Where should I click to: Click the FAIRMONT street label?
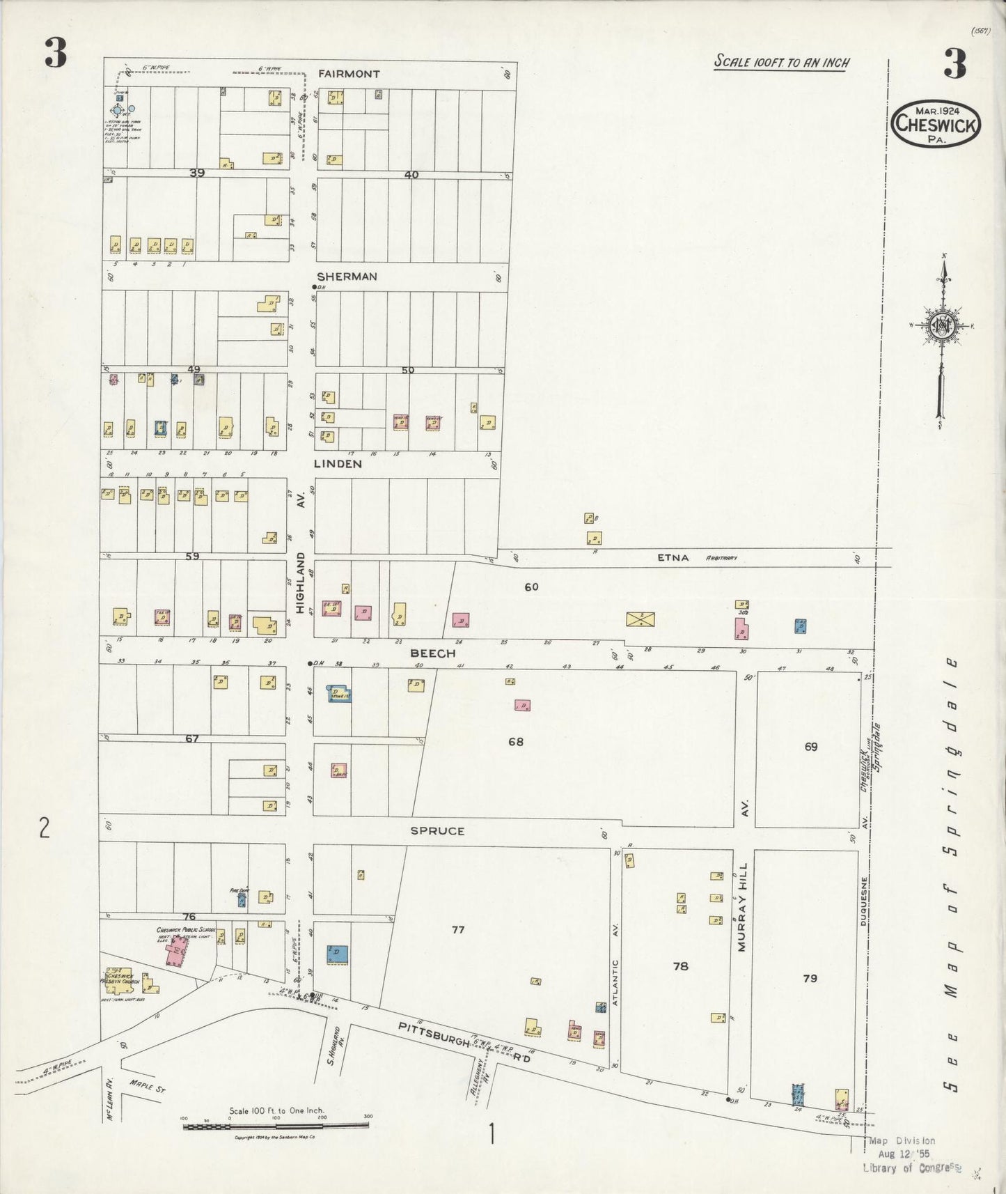(349, 73)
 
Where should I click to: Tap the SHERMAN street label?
(347, 277)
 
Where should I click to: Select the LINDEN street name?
(337, 463)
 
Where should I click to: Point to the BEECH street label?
(432, 653)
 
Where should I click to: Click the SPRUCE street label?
(437, 831)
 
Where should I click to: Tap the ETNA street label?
(673, 557)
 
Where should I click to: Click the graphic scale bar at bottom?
(276, 1125)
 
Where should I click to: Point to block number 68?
(515, 742)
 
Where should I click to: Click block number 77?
(457, 929)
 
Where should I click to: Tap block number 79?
(810, 978)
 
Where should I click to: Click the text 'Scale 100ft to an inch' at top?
(781, 62)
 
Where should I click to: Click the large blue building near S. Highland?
(338, 954)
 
